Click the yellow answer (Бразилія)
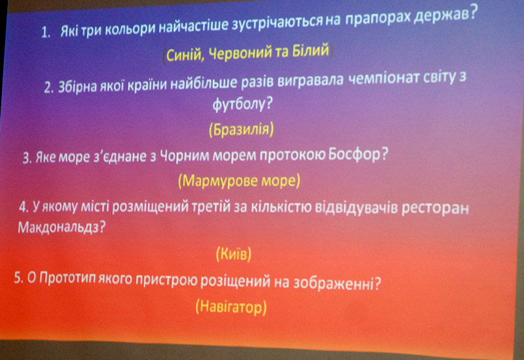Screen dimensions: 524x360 click(241, 129)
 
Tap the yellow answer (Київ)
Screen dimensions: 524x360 click(233, 254)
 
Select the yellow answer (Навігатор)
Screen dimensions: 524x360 click(231, 306)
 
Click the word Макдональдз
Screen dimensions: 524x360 click(62, 228)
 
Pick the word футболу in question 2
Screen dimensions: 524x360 click(242, 104)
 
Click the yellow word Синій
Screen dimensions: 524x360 click(185, 56)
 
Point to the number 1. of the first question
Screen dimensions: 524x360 click(46, 33)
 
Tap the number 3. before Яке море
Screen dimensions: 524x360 click(27, 158)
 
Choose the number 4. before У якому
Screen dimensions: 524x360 click(24, 207)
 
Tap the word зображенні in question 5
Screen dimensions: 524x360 click(337, 283)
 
